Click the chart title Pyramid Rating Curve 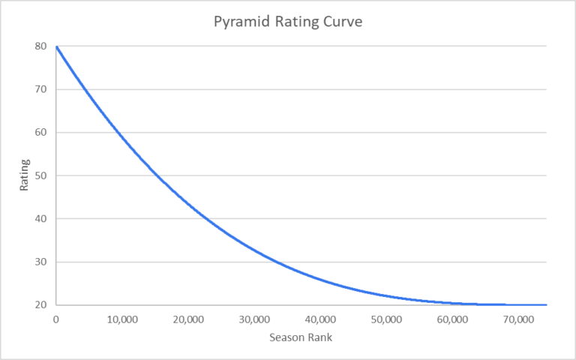(288, 22)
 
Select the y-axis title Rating (25, 175)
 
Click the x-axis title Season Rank (300, 337)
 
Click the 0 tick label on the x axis (55, 319)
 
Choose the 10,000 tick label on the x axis (121, 319)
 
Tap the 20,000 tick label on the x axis (187, 319)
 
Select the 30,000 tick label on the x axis (253, 319)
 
